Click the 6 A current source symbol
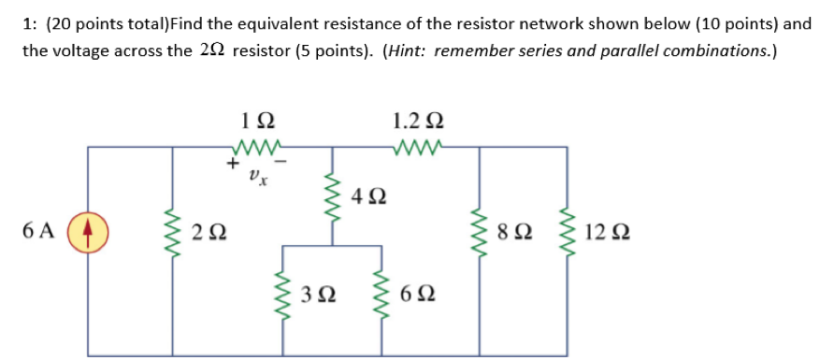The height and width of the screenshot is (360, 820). click(x=88, y=231)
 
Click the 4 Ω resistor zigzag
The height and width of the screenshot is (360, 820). click(x=330, y=194)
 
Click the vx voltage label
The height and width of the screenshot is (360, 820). click(x=257, y=174)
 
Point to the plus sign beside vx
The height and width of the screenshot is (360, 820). click(x=230, y=165)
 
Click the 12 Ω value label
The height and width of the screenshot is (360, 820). click(x=604, y=231)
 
